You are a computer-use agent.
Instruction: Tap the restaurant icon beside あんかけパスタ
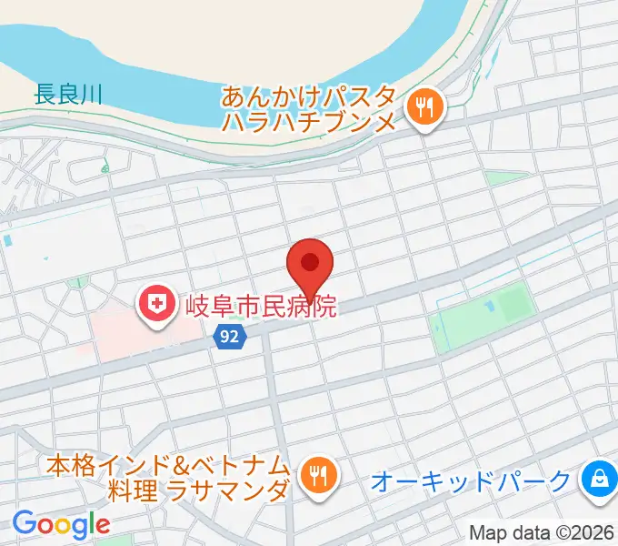click(x=423, y=109)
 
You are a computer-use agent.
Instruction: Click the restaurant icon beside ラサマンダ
click(x=317, y=476)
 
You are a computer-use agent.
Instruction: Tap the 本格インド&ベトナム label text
click(x=170, y=464)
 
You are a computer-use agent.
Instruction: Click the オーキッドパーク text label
click(x=472, y=480)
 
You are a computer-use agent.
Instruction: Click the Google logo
click(x=61, y=524)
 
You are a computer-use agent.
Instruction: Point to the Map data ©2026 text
click(x=542, y=532)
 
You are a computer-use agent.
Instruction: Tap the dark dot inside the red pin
click(x=310, y=263)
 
